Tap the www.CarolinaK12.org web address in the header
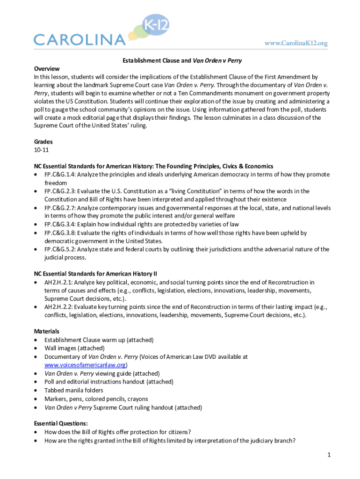click(x=296, y=43)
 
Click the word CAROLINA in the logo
click(x=79, y=39)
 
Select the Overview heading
click(x=47, y=68)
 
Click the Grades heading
click(x=43, y=141)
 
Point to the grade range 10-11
click(x=41, y=150)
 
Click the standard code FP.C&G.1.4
click(x=60, y=174)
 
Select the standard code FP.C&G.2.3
click(x=60, y=191)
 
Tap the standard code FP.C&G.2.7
click(x=60, y=208)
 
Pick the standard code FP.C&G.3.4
click(x=60, y=225)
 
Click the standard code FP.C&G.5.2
click(x=60, y=249)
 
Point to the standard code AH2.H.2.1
click(x=58, y=283)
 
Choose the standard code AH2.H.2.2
click(x=58, y=307)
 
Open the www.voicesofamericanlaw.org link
click(x=86, y=365)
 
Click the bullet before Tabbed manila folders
click(x=36, y=391)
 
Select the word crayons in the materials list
click(x=137, y=399)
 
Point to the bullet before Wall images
click(x=36, y=348)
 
